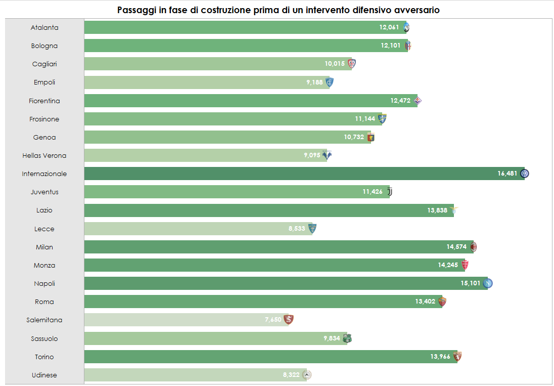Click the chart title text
tap(278, 10)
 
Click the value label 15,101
tap(470, 283)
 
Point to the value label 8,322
tap(291, 375)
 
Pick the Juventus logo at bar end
tap(389, 192)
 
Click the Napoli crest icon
tap(488, 283)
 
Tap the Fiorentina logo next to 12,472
tap(418, 101)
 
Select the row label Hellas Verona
tap(44, 155)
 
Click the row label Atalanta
tap(44, 27)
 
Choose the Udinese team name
tap(44, 375)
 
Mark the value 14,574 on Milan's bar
tap(456, 247)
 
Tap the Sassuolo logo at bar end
tap(347, 338)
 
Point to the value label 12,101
tap(390, 46)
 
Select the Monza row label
tap(44, 265)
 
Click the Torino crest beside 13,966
tap(458, 357)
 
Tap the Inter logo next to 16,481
tap(525, 174)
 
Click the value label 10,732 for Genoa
tap(354, 137)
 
